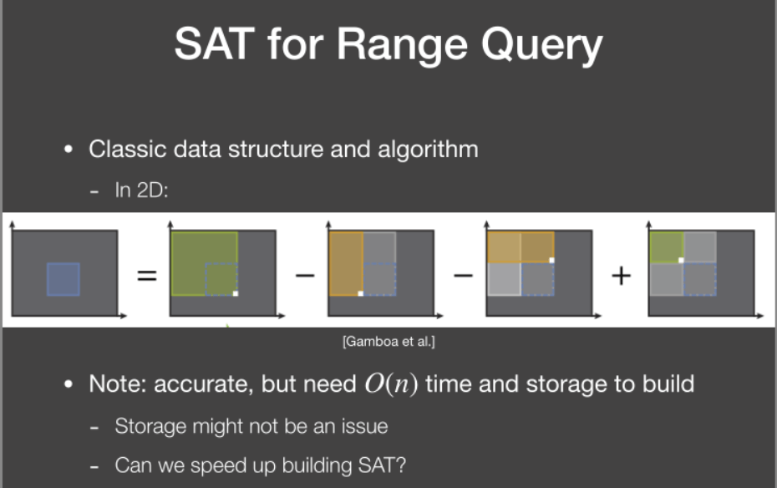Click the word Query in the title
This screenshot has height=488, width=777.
click(541, 46)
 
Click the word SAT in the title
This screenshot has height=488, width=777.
click(214, 43)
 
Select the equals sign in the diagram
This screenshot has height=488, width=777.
click(147, 275)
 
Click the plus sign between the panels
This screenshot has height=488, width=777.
click(621, 275)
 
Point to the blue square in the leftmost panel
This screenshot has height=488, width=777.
click(63, 279)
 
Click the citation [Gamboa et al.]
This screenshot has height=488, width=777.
click(388, 342)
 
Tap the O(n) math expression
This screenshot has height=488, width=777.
click(391, 384)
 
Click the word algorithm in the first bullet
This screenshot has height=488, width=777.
click(428, 150)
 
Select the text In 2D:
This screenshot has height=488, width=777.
click(141, 191)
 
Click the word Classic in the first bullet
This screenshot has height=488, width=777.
click(127, 149)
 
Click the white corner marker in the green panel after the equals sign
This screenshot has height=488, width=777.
click(236, 293)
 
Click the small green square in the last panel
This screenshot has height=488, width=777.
click(667, 247)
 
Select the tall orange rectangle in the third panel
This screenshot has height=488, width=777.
click(346, 263)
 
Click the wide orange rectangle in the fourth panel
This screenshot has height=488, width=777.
click(521, 247)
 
